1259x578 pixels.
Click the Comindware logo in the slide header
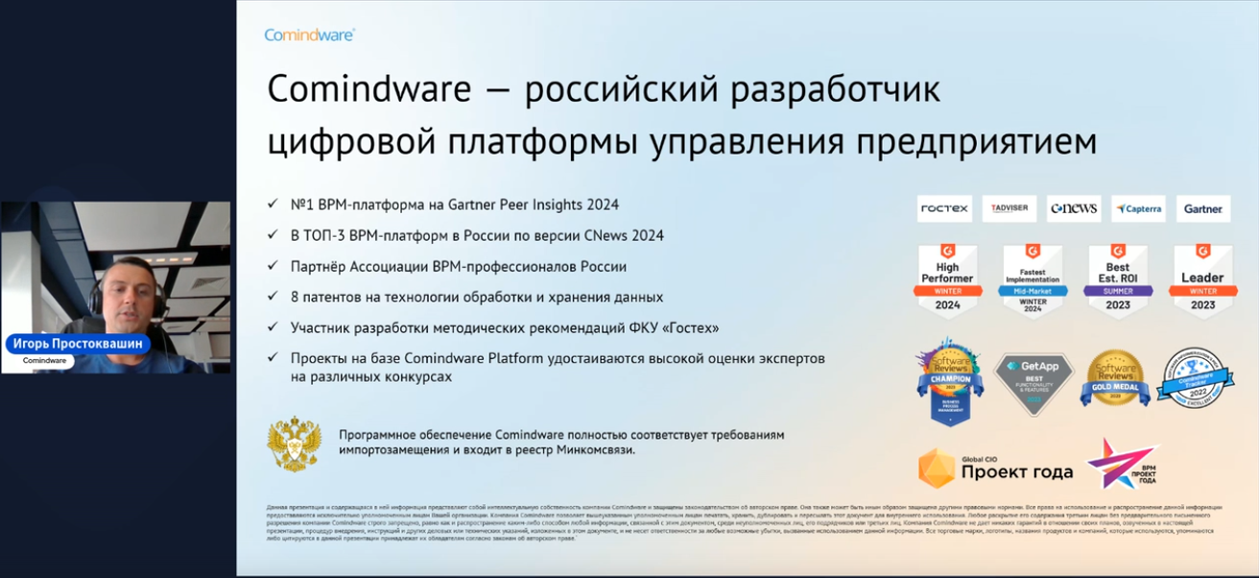tap(309, 35)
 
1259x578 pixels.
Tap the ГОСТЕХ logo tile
tap(944, 208)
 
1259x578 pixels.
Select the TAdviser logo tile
tap(1009, 208)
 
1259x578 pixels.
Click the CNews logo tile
tap(1073, 208)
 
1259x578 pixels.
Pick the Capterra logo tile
tap(1138, 208)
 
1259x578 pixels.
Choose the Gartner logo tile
tap(1202, 208)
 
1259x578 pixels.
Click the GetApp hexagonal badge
tap(1032, 382)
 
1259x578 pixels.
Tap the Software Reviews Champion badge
tap(950, 380)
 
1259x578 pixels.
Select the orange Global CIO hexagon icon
tap(937, 468)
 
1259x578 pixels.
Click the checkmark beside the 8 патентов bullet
tap(274, 298)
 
